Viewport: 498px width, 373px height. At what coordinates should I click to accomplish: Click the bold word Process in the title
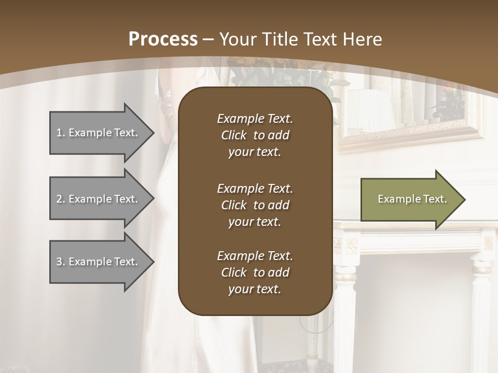point(163,39)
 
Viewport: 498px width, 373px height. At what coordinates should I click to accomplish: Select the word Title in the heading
point(279,39)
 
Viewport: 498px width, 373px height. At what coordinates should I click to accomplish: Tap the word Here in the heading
point(361,39)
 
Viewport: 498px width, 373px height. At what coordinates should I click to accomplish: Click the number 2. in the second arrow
point(61,199)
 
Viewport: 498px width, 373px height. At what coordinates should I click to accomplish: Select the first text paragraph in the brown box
point(255,135)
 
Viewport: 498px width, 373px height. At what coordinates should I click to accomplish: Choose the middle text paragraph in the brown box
point(255,205)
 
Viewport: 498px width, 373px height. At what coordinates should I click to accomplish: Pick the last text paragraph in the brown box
point(255,272)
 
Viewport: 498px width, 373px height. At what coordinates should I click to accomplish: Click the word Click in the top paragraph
point(234,135)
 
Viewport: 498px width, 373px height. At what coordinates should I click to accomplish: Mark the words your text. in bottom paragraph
point(255,290)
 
